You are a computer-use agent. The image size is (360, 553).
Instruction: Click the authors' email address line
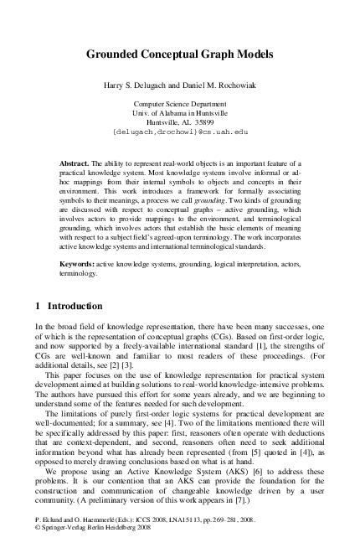click(x=180, y=131)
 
